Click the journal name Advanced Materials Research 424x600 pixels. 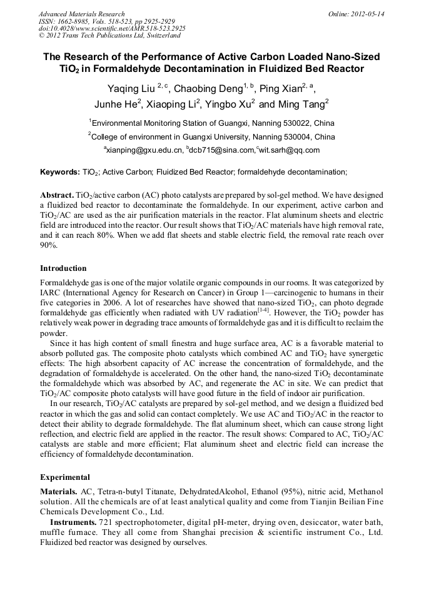click(x=81, y=14)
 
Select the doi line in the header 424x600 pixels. click(x=112, y=29)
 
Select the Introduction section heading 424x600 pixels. click(x=63, y=268)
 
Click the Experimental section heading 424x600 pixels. click(x=65, y=477)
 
